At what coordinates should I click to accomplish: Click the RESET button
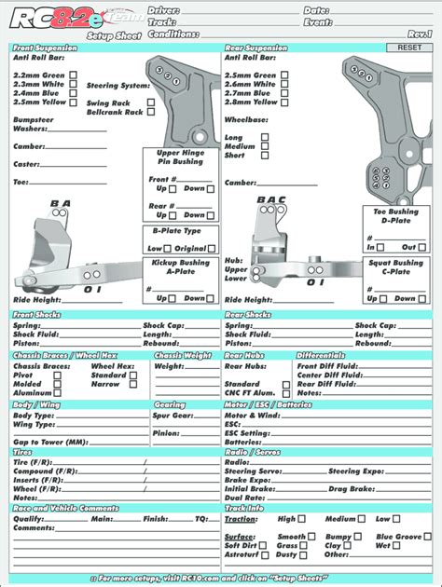(x=409, y=48)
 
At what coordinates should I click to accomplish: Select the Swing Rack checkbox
(x=149, y=102)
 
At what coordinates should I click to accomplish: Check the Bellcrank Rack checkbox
(x=149, y=112)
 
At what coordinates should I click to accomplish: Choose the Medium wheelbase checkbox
(x=265, y=146)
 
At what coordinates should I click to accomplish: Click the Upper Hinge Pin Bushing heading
(x=181, y=157)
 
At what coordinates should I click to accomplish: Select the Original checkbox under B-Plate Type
(x=213, y=249)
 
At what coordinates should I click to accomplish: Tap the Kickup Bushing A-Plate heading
(x=181, y=267)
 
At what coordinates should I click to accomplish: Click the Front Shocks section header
(x=36, y=315)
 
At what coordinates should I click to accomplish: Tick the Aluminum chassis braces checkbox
(x=58, y=392)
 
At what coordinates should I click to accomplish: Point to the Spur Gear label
(x=173, y=416)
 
